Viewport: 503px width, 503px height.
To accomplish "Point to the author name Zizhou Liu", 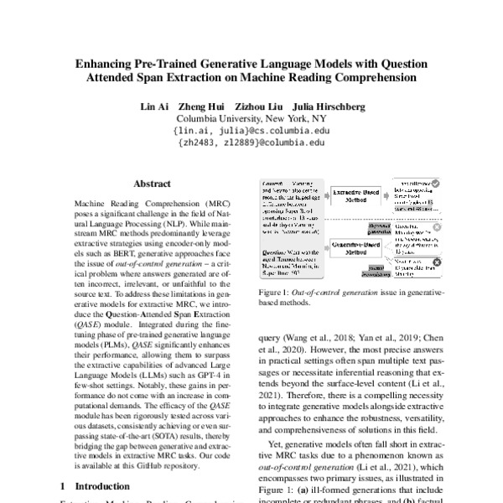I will click(x=259, y=107).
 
